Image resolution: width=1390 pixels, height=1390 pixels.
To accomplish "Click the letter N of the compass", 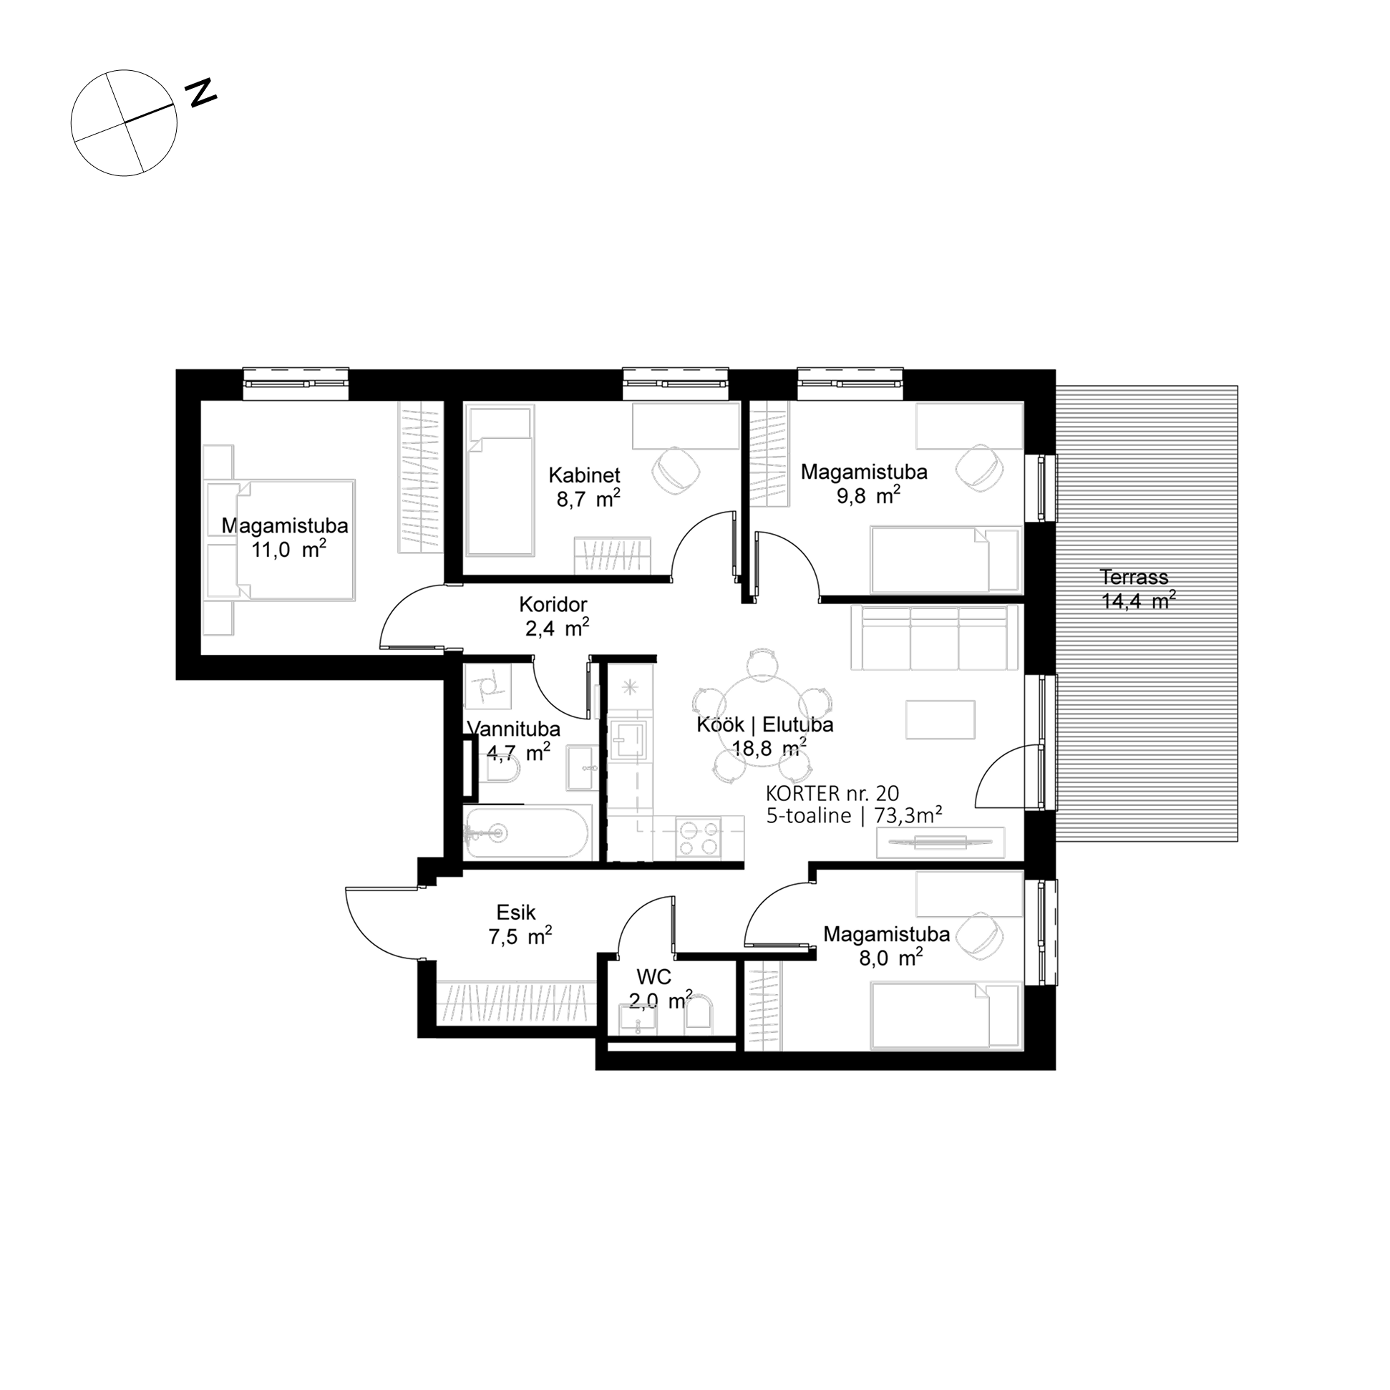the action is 201,93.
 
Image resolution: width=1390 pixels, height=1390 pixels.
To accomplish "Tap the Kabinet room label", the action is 584,475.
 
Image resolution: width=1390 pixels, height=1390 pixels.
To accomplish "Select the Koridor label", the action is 553,604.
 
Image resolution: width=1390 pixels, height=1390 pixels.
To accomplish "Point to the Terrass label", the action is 1134,576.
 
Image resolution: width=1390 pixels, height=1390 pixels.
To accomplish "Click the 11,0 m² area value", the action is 288,550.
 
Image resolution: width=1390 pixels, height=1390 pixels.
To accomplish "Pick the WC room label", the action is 654,976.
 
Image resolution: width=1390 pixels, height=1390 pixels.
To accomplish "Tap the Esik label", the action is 516,913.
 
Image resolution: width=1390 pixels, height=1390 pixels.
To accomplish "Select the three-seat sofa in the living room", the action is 936,638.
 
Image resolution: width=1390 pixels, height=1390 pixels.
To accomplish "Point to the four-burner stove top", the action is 699,837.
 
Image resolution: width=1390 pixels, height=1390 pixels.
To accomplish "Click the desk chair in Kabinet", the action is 676,470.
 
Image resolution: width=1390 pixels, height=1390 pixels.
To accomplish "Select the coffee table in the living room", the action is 941,719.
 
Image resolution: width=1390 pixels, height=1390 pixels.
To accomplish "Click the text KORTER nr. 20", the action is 832,794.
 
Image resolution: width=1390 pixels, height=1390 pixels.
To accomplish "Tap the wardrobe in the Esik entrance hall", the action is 516,1002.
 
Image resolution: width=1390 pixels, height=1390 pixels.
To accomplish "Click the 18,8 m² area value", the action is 769,747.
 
